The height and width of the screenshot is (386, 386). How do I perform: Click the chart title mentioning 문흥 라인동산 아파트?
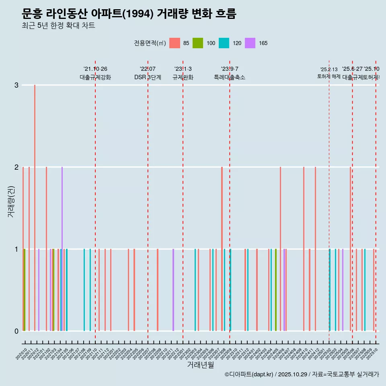[x=129, y=14]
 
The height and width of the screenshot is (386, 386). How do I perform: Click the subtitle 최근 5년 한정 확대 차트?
[x=58, y=26]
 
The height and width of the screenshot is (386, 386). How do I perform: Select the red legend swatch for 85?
[x=175, y=43]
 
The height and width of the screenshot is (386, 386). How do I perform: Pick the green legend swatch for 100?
[x=198, y=43]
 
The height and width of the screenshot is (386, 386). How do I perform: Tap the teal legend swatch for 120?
[x=224, y=43]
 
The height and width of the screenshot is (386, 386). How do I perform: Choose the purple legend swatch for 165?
[x=250, y=43]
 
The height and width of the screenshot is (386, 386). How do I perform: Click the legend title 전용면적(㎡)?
[x=150, y=43]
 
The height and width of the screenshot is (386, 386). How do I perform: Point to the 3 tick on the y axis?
[x=16, y=85]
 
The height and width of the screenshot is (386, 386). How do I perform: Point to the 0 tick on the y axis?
[x=16, y=331]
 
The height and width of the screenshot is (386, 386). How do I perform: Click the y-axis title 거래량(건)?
[x=11, y=201]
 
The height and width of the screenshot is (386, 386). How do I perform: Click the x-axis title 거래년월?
[x=200, y=365]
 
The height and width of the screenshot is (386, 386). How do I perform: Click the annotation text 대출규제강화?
[x=95, y=77]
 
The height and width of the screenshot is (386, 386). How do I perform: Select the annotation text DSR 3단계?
[x=148, y=77]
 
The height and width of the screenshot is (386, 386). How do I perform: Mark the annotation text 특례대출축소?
[x=230, y=77]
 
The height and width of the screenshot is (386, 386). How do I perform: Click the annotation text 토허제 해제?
[x=329, y=76]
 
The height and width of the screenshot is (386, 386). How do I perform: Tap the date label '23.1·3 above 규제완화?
[x=183, y=69]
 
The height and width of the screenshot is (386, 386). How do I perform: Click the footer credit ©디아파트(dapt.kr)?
[x=249, y=374]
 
